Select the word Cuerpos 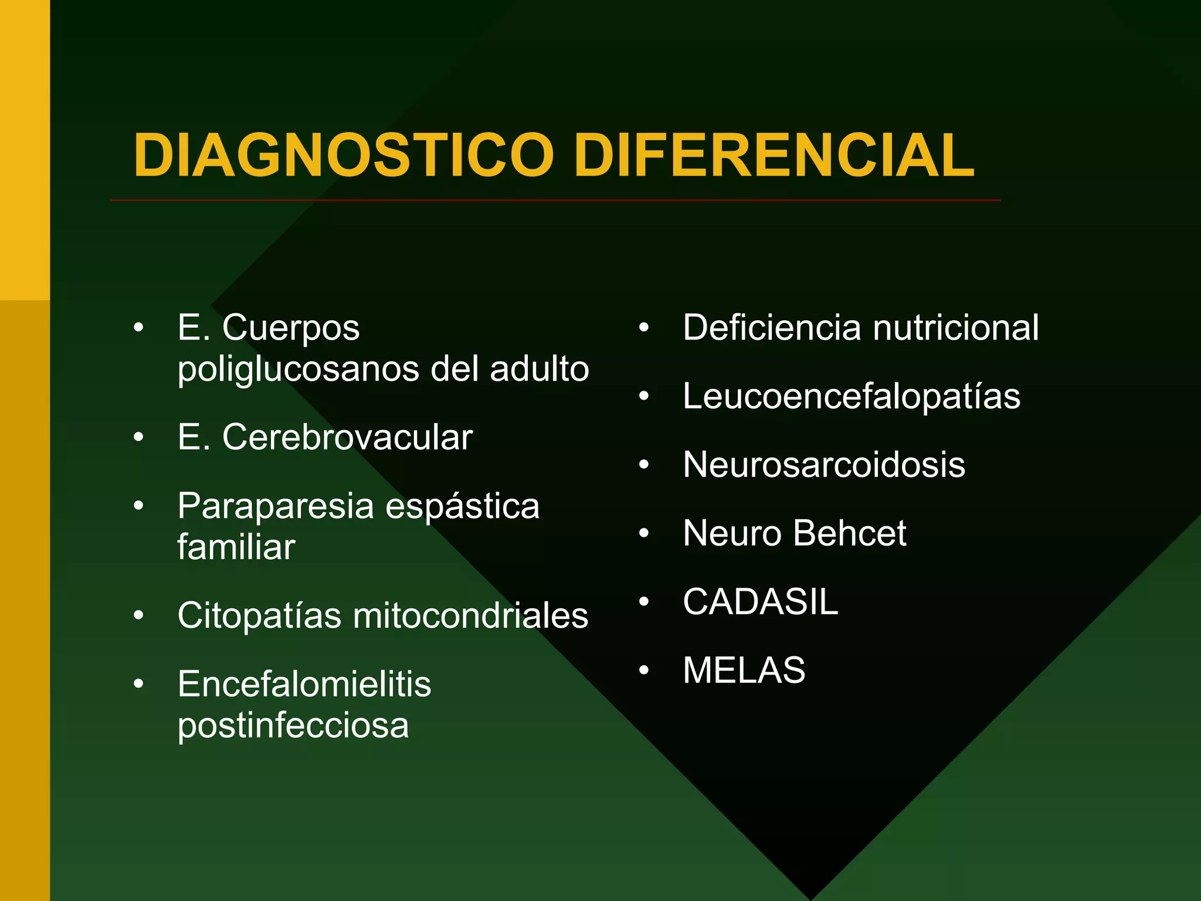pos(290,327)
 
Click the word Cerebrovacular pos(347,438)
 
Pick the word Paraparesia pos(276,506)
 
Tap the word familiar pos(236,547)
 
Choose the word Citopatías pos(259,615)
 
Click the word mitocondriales pos(470,615)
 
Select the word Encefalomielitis pos(304,684)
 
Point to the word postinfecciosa pos(293,726)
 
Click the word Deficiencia pos(772,327)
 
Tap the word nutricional pos(956,327)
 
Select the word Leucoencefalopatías pos(851,396)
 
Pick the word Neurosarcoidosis pos(824,465)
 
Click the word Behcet pos(850,533)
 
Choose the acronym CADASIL pos(761,602)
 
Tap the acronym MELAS pos(744,670)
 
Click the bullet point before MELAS pos(644,670)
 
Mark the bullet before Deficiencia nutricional pos(644,328)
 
